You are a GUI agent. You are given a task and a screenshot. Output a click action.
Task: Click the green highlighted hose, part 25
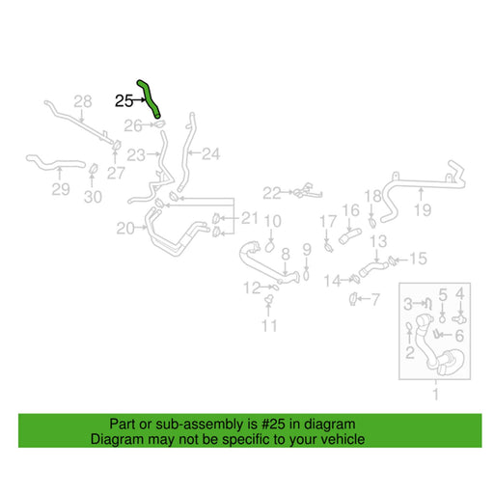[x=149, y=98]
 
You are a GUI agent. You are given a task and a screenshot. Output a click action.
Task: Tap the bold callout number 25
[x=123, y=101]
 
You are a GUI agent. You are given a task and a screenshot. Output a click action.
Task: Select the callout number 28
[x=83, y=101]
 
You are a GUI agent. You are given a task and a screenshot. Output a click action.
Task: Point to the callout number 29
[x=61, y=189]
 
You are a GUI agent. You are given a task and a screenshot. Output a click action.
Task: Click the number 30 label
[x=93, y=197]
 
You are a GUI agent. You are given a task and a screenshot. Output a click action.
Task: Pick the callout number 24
[x=210, y=154]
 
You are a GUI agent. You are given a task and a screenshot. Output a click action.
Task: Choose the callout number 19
[x=423, y=210]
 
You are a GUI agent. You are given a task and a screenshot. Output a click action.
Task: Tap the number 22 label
[x=272, y=193]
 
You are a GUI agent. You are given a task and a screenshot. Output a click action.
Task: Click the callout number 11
[x=269, y=326]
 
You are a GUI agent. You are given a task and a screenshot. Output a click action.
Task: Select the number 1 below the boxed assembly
[x=436, y=394]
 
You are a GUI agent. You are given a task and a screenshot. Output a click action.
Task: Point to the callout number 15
[x=418, y=259]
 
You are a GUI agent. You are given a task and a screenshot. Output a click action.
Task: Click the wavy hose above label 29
[x=55, y=163]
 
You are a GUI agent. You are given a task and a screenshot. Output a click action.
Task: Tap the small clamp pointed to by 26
[x=159, y=123]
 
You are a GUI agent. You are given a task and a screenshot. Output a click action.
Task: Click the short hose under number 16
[x=350, y=235]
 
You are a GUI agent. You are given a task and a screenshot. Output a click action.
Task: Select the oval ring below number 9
[x=306, y=275]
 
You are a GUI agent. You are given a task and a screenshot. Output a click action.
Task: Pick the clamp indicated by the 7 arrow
[x=353, y=299]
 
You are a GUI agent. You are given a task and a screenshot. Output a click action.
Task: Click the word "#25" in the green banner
[x=273, y=424]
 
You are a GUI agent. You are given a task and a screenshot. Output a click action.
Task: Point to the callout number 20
[x=125, y=229]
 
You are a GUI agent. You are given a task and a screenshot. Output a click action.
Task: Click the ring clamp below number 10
[x=270, y=247]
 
